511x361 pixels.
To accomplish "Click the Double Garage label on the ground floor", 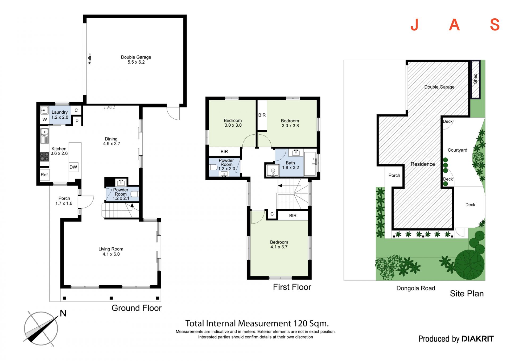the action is (x=136, y=60).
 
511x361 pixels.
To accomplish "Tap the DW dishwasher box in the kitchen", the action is (x=73, y=167).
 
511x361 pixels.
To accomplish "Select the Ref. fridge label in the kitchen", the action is (x=45, y=175).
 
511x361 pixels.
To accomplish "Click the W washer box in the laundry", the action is (x=45, y=120).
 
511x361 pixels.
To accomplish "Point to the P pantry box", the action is (x=77, y=121).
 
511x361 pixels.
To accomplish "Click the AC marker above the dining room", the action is (x=109, y=107).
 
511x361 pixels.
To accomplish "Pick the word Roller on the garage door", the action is (x=90, y=59).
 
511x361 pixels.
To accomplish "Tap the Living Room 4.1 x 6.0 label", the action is (x=111, y=251).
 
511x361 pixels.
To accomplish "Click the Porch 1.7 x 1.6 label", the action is (x=64, y=201).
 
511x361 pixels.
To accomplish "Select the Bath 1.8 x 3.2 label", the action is (x=290, y=165).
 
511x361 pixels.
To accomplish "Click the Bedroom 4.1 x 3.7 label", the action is (x=279, y=244).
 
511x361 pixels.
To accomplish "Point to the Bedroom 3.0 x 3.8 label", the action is (x=290, y=123).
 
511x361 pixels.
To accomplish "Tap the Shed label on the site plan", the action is (x=475, y=79).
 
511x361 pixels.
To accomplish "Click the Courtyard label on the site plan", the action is (x=457, y=150).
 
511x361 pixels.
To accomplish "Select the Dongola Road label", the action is (x=416, y=288).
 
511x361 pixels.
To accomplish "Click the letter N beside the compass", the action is (x=63, y=313).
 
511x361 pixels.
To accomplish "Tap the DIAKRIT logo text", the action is (x=478, y=339).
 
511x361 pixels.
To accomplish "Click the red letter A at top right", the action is (x=454, y=25).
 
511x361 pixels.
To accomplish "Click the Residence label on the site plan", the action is (x=423, y=164).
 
